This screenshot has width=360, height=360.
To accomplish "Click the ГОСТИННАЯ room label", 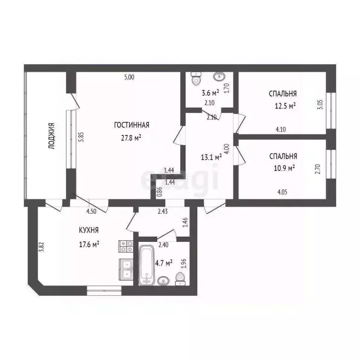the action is [x=132, y=125].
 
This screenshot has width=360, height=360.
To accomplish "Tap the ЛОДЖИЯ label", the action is [x=52, y=136].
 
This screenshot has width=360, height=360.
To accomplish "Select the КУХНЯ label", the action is [x=89, y=230].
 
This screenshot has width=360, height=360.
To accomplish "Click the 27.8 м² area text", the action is [x=131, y=138].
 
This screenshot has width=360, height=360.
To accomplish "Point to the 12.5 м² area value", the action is [x=285, y=106].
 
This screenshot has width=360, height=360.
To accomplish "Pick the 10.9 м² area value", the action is [x=284, y=168].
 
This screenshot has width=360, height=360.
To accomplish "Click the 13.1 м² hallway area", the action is [x=211, y=157].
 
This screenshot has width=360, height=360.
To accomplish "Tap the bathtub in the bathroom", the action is [x=146, y=265].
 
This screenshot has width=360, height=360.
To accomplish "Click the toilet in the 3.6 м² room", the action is [x=196, y=79].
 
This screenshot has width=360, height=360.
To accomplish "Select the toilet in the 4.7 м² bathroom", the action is [x=180, y=279].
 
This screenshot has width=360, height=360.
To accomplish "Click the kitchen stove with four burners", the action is [x=126, y=246].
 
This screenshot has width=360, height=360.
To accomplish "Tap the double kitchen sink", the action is [x=126, y=270].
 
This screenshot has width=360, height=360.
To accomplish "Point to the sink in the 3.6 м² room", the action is [x=219, y=76].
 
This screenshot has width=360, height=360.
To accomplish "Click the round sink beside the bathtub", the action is [x=164, y=281].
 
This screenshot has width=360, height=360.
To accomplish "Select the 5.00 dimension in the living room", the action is [x=129, y=77].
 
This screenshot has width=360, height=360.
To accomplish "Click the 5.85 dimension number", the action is [x=81, y=137].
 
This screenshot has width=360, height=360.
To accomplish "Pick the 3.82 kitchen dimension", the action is [x=42, y=247].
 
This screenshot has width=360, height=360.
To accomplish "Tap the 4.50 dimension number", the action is [x=91, y=211].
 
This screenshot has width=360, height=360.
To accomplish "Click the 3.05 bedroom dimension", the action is [x=320, y=104].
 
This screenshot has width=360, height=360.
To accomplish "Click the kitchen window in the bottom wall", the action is [x=104, y=291].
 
